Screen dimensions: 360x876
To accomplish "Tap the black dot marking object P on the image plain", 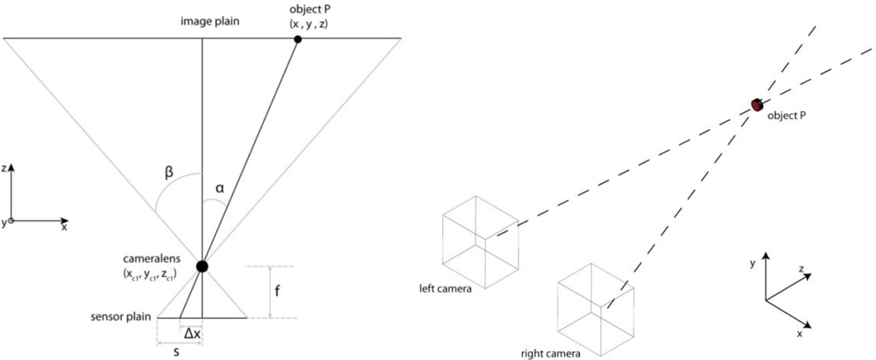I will click(299, 39).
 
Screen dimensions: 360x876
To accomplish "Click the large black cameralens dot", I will click(202, 265).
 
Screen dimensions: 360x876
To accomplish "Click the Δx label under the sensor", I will click(190, 332).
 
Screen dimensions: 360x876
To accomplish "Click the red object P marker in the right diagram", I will click(757, 106).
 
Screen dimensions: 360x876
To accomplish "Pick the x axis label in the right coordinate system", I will click(801, 334).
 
